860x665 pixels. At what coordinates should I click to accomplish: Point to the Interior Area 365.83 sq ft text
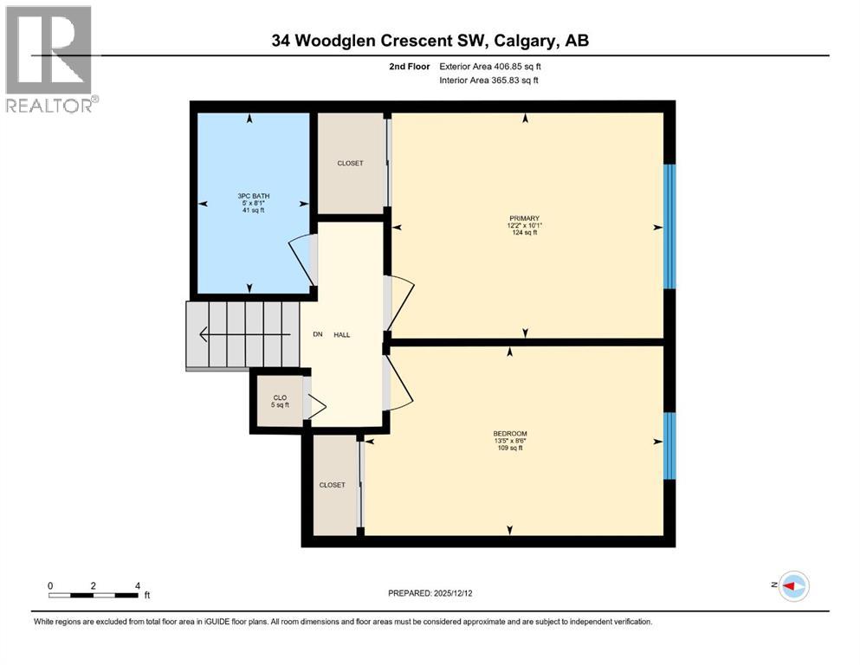[489, 81]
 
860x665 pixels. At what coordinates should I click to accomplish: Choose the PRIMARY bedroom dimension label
[524, 225]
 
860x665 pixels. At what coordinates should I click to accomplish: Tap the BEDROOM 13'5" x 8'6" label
[510, 441]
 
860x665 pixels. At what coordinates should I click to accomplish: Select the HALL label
[342, 335]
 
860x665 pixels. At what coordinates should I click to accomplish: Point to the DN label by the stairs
[317, 335]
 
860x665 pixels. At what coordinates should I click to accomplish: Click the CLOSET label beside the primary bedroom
[350, 163]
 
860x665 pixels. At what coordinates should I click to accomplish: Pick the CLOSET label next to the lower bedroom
[332, 485]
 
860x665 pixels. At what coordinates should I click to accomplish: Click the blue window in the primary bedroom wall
[669, 225]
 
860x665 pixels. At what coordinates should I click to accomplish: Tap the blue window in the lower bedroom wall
[669, 445]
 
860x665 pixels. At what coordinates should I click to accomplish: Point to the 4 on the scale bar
[137, 585]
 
